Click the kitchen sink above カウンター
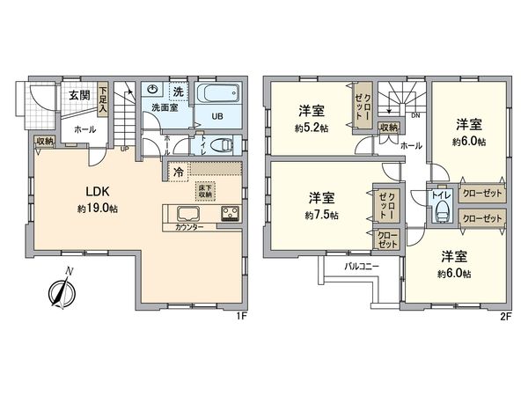click(x=187, y=214)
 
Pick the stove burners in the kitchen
click(x=231, y=214)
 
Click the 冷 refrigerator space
click(x=179, y=172)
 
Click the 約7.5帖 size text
click(x=320, y=214)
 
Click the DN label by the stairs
click(x=414, y=114)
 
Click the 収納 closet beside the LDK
click(x=45, y=141)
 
